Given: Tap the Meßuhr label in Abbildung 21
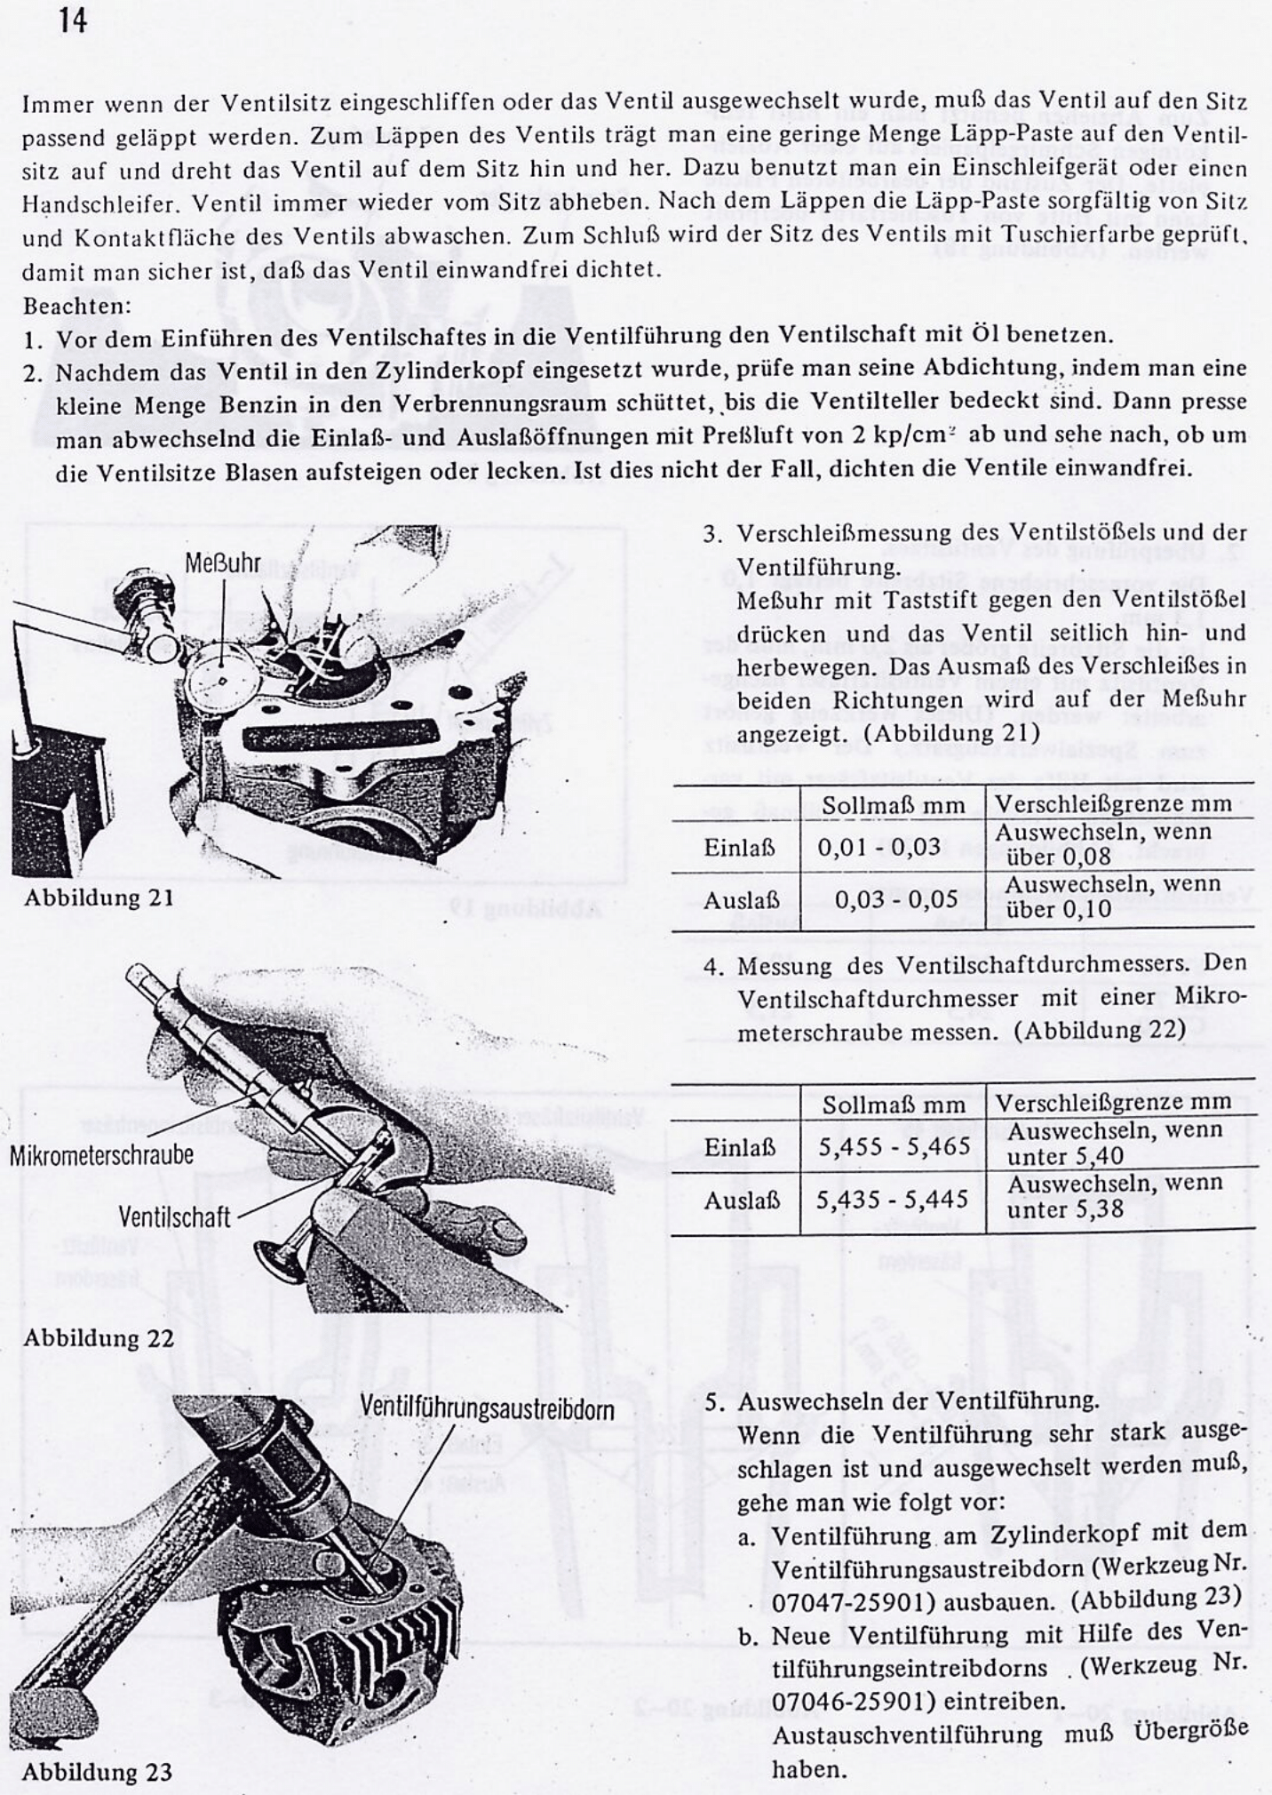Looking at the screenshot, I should point(223,563).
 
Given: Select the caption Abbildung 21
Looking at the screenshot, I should point(99,897).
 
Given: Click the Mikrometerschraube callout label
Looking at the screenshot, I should point(101,1156).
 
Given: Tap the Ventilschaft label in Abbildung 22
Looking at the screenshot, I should point(174,1217).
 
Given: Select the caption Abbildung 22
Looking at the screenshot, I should point(99,1337).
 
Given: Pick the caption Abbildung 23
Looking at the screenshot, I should point(97,1772).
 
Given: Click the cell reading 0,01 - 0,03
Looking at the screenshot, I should point(878,846).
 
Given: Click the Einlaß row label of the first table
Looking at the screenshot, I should point(739,848).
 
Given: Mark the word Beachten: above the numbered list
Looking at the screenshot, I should point(76,306).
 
